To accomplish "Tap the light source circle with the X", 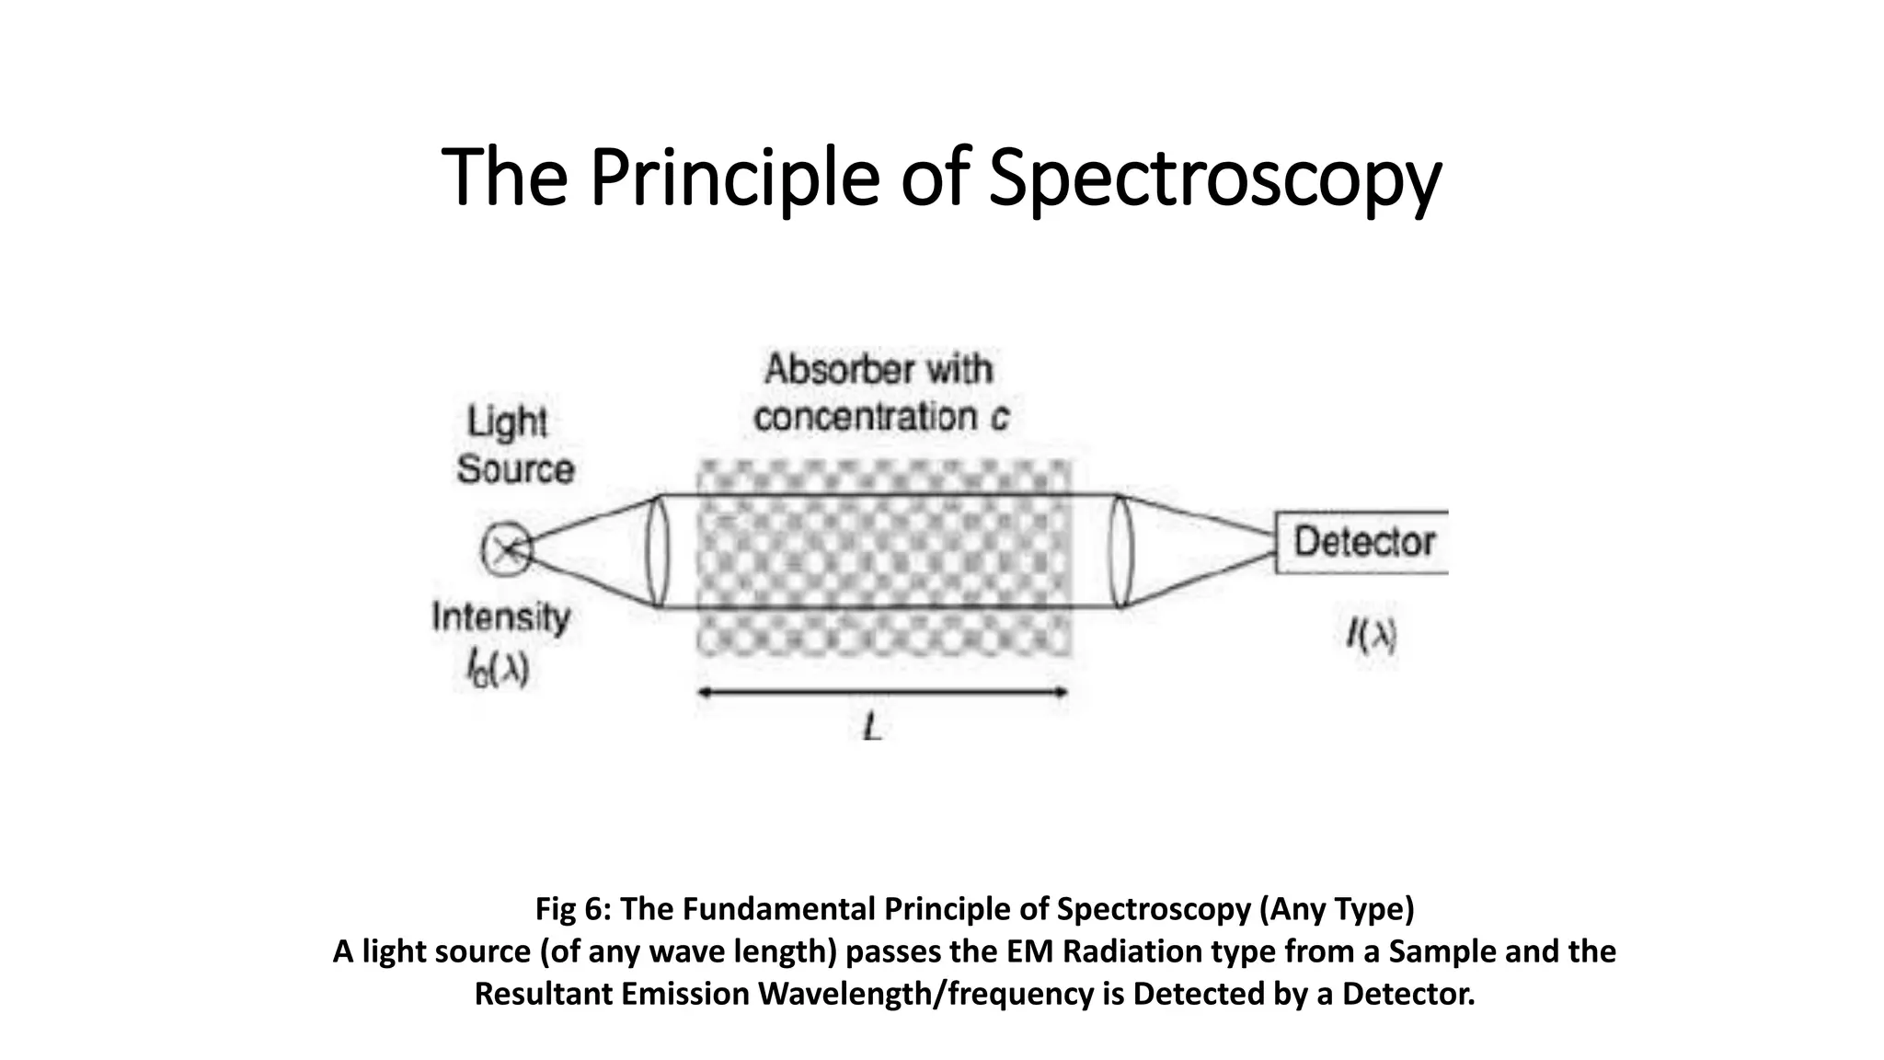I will [506, 550].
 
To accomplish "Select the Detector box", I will [1361, 542].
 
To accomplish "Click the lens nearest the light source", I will [657, 551].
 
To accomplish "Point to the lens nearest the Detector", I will [1121, 551].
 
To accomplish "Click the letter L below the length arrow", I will [873, 730].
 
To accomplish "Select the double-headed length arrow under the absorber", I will [883, 693].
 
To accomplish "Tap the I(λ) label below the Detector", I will [1372, 635].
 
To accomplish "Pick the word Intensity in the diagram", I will [501, 616].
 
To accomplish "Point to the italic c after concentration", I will [999, 419].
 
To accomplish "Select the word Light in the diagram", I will [507, 422].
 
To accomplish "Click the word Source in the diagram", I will [515, 469].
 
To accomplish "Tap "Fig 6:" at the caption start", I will [574, 909].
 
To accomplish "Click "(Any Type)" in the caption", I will [1337, 909].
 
